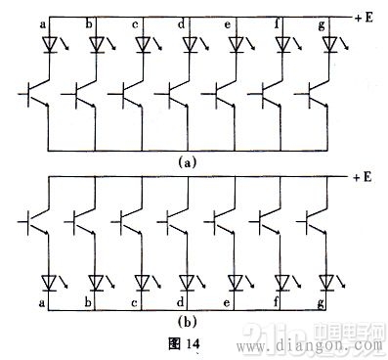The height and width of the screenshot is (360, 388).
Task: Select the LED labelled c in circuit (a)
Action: coord(145,44)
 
